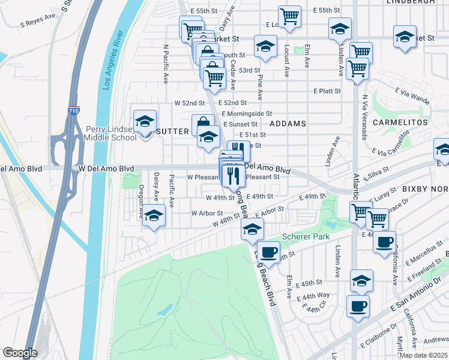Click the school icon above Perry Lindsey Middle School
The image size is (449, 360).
coord(145,122)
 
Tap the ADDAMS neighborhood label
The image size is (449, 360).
coord(288,123)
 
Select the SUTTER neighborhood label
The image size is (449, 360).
coord(173,130)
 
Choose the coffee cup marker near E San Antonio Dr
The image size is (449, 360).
coord(358,305)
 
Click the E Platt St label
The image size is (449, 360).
coord(327,91)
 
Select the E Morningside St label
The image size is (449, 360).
coord(247,113)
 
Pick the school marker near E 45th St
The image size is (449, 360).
coord(361,280)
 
